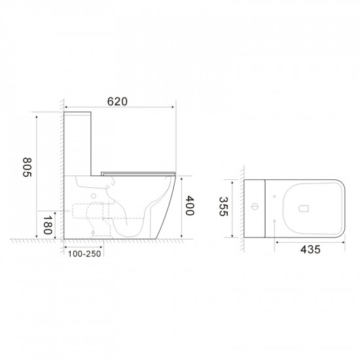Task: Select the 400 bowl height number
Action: point(190,207)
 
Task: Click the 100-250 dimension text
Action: point(83,253)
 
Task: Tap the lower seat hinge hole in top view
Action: point(274,223)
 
